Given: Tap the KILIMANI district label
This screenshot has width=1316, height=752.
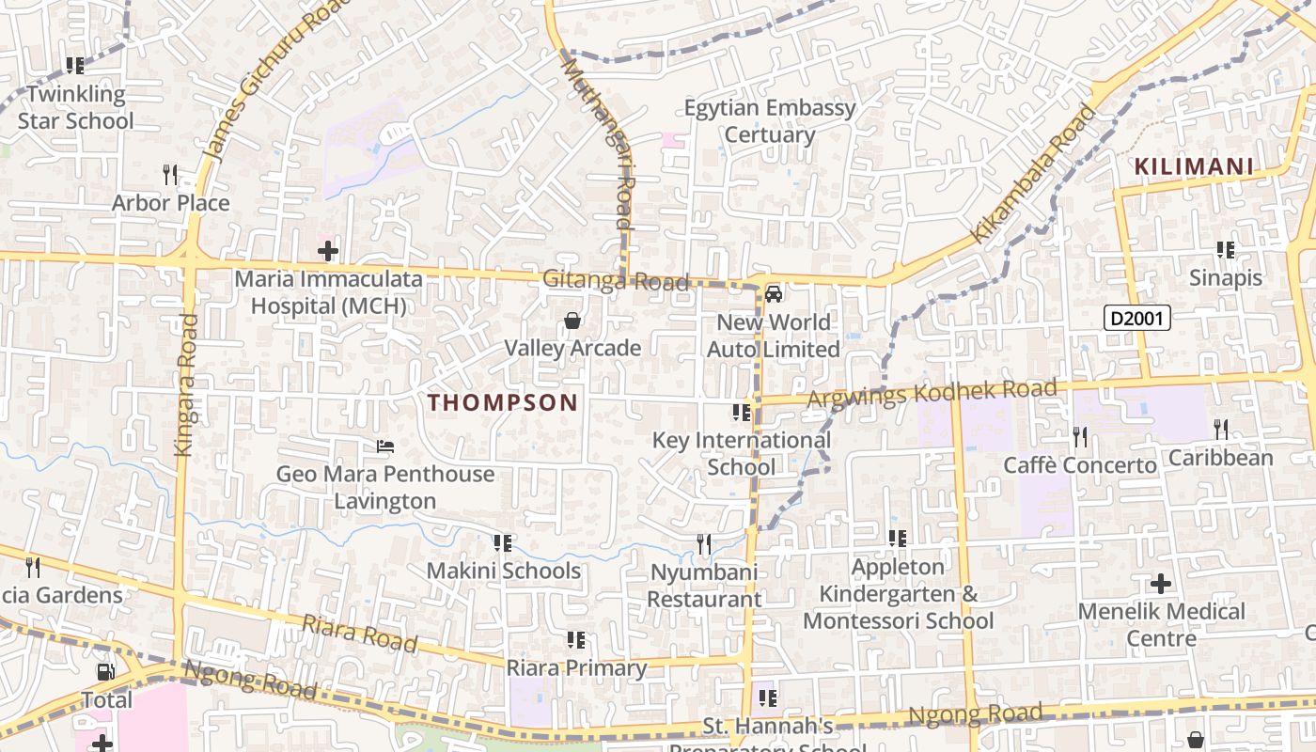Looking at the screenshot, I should coord(1193,167).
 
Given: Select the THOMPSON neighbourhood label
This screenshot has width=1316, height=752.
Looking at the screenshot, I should coord(503,403).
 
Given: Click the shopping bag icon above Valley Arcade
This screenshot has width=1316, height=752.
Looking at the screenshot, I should coord(572,321).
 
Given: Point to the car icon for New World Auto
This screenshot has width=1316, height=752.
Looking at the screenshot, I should coord(774,294).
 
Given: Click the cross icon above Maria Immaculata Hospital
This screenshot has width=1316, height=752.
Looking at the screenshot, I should coord(327,251).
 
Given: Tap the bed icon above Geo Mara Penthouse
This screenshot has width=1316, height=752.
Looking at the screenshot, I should coord(384,446).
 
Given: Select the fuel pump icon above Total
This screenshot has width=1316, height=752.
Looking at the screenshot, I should coord(106,672).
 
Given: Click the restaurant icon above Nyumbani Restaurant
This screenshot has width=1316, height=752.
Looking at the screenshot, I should coord(703,543).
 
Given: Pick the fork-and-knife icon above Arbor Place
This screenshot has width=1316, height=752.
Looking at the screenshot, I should coord(170,175).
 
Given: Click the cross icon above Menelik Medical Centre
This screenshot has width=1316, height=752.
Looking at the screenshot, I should coord(1161,584).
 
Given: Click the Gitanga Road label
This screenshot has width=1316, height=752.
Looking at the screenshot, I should coord(616,280).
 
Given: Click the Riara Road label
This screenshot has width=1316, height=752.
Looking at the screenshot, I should coord(359,634).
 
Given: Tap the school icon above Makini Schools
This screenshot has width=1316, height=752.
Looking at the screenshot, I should coord(503,543).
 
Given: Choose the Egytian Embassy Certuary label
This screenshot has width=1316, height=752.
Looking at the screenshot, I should coord(770,121).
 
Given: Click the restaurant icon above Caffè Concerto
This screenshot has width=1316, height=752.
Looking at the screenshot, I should coord(1080,436).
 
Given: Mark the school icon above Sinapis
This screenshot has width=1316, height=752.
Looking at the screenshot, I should coord(1226,250).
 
